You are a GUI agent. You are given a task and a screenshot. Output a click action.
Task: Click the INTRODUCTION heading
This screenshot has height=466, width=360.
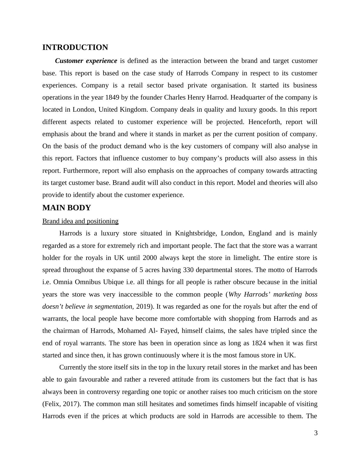coord(75,48)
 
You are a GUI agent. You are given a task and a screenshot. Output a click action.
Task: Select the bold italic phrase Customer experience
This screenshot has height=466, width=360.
coord(86,61)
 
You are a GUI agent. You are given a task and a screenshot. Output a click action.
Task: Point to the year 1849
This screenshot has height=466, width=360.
coord(112,97)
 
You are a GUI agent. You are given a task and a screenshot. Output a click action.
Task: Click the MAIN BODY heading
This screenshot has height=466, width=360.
coord(67,208)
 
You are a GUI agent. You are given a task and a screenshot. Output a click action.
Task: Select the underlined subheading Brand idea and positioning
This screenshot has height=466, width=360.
coord(80,221)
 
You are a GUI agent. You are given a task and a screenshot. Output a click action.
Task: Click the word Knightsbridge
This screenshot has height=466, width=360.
coord(195,233)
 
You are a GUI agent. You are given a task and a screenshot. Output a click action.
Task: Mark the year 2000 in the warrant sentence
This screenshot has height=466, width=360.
coord(150,258)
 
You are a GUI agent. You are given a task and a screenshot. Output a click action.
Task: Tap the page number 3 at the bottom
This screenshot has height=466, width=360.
coord(316,433)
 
